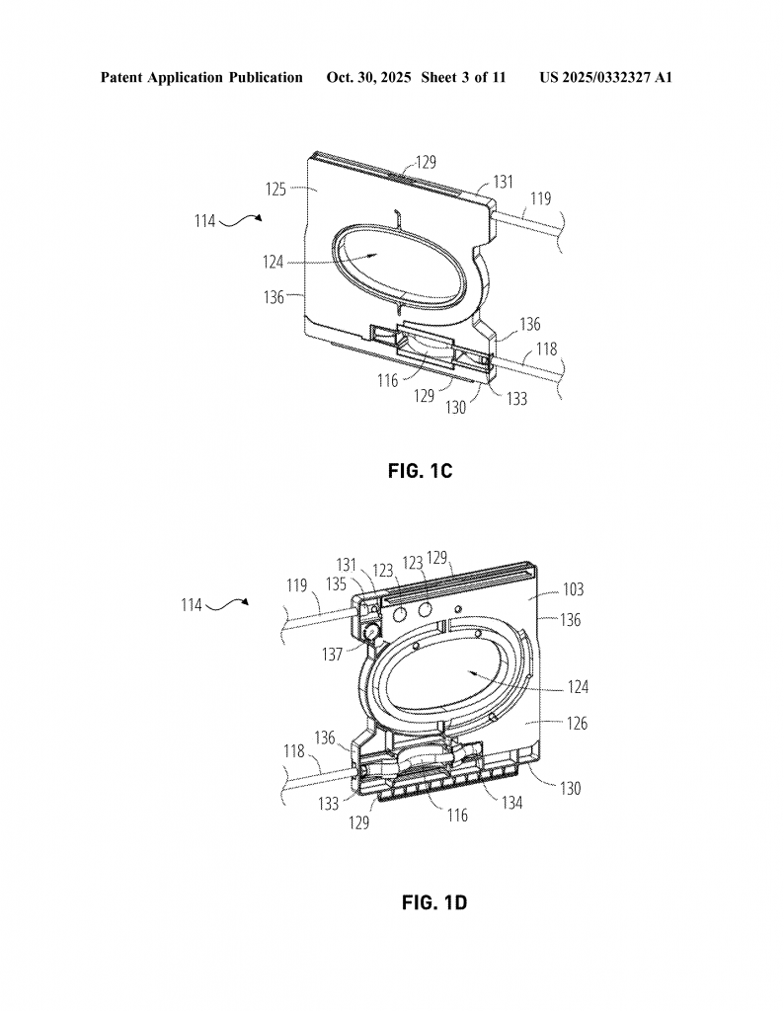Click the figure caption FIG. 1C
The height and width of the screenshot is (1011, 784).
[x=420, y=471]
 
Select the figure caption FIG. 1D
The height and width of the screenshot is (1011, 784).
[x=433, y=902]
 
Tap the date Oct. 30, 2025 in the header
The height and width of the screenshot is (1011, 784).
[x=368, y=78]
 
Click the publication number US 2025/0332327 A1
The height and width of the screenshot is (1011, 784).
[x=606, y=78]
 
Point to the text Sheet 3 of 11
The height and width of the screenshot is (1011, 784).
[x=463, y=78]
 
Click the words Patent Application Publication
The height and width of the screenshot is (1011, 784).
[x=201, y=78]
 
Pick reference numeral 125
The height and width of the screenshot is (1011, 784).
[x=275, y=190]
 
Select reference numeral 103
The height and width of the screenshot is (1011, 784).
[x=573, y=589]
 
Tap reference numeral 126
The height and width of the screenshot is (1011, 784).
[x=577, y=724]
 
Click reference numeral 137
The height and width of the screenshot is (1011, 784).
[x=332, y=656]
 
